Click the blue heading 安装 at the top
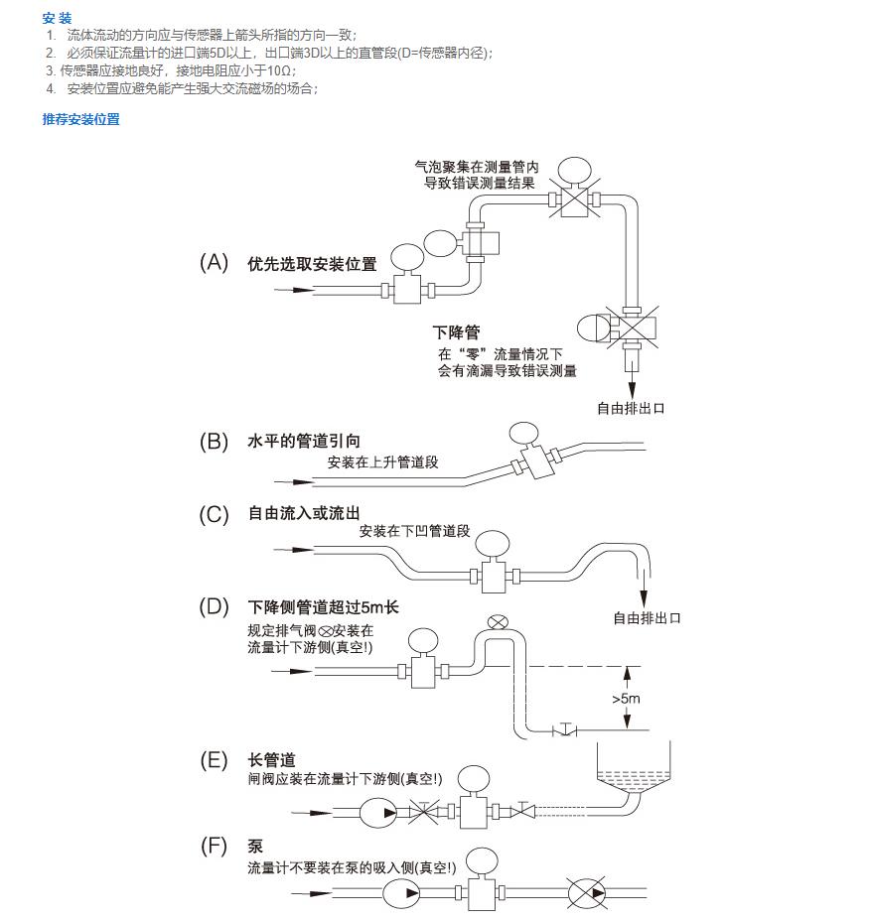click(58, 18)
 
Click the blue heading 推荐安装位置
click(80, 119)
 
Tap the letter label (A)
click(214, 263)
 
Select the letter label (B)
click(214, 442)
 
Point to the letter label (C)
click(214, 514)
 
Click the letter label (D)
click(214, 606)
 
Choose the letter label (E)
click(214, 760)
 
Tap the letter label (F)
click(214, 846)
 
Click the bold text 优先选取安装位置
click(312, 264)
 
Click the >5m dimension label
click(625, 699)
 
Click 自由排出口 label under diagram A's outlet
click(630, 408)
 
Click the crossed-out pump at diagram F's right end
click(588, 892)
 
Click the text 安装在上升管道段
click(381, 461)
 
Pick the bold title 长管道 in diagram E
click(271, 760)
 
